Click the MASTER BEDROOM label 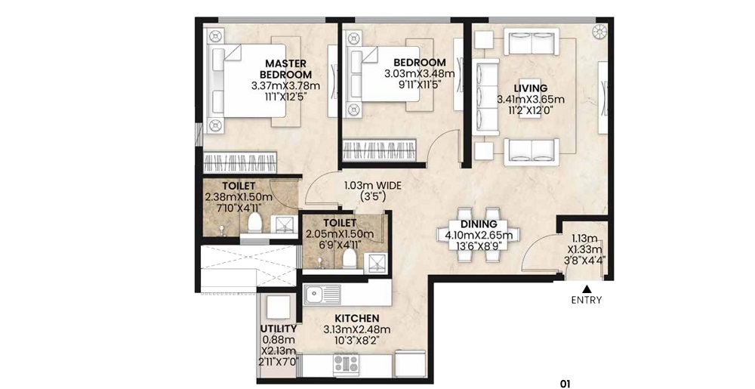pyautogui.click(x=285, y=69)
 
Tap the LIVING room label pyautogui.click(x=530, y=88)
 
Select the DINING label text pyautogui.click(x=479, y=224)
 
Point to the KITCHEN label pyautogui.click(x=357, y=318)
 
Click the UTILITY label pyautogui.click(x=279, y=329)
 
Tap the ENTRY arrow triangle pyautogui.click(x=587, y=289)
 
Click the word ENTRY pyautogui.click(x=587, y=301)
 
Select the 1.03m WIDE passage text pyautogui.click(x=372, y=185)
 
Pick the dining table pyautogui.click(x=478, y=235)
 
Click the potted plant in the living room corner pyautogui.click(x=599, y=32)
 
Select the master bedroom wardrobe pyautogui.click(x=240, y=162)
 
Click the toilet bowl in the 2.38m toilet pyautogui.click(x=254, y=224)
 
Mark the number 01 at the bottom pyautogui.click(x=565, y=384)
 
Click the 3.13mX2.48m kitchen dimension pyautogui.click(x=357, y=329)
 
